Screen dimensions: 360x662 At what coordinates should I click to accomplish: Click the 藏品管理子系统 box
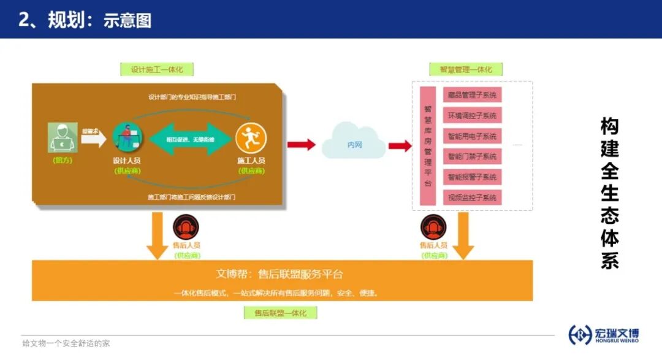click(x=472, y=94)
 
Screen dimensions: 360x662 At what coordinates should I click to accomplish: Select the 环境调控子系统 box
click(x=472, y=115)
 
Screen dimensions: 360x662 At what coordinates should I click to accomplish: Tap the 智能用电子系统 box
click(x=472, y=136)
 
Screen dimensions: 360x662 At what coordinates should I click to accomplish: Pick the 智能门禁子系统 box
click(x=472, y=156)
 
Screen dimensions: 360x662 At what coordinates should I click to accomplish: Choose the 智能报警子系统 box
click(x=472, y=177)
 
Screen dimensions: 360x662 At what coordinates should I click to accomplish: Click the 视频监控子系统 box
click(x=472, y=197)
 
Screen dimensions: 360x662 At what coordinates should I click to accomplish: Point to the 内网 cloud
click(x=354, y=145)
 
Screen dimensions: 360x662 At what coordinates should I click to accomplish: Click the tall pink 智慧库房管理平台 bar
click(x=428, y=146)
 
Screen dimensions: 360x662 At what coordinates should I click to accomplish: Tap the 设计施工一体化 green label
click(x=157, y=69)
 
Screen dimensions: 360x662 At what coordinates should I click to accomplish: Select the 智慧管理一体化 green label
click(x=466, y=69)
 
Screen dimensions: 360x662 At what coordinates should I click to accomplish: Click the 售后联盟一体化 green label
click(x=280, y=313)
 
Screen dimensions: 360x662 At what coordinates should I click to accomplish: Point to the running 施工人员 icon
click(x=251, y=138)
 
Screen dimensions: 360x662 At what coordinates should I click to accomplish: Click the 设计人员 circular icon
click(x=127, y=138)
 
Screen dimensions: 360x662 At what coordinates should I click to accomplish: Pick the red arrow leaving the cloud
click(x=400, y=145)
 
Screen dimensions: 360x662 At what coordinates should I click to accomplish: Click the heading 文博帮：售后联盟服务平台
click(x=280, y=274)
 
